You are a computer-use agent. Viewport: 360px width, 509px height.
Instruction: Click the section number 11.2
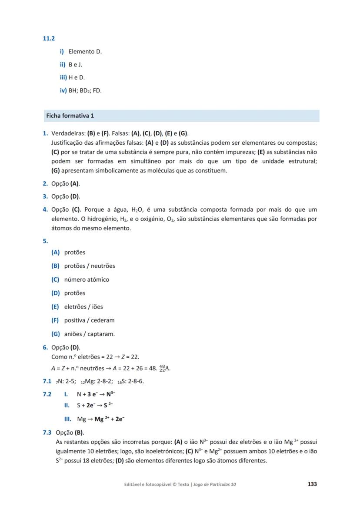pos(48,38)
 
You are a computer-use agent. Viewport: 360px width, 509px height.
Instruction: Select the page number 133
pos(312,484)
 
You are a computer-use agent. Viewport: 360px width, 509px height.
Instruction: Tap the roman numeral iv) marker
pos(63,91)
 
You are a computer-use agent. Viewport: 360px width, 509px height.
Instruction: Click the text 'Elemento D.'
pos(85,52)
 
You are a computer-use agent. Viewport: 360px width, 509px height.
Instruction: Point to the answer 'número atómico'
pos(87,279)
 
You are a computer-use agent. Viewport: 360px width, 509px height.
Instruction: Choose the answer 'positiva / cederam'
pos(89,320)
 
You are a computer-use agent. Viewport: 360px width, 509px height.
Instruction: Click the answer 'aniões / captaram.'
pos(89,334)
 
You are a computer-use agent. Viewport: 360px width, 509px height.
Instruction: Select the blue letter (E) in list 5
pos(55,307)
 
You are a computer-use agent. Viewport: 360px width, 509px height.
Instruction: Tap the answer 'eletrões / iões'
pos(83,307)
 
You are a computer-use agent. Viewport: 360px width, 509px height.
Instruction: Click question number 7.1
pos(47,382)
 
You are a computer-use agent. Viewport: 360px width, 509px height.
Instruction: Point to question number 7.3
pos(47,432)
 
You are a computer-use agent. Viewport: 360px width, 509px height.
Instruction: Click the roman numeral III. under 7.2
pos(67,419)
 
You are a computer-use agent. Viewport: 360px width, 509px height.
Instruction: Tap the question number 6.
pos(45,347)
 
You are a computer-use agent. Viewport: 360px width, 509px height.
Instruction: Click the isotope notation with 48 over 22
pos(165,369)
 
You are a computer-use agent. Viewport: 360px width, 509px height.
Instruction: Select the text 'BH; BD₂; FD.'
pos(85,91)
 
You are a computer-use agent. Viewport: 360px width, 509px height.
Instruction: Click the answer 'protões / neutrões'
pos(90,266)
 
